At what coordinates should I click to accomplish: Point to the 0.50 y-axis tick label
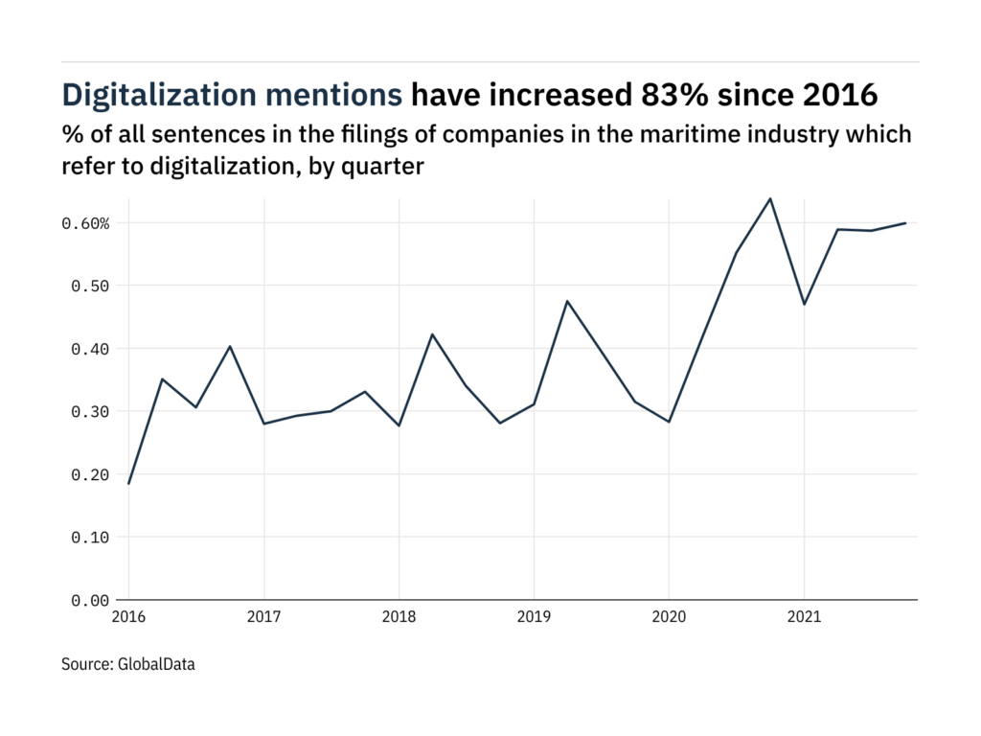click(x=92, y=286)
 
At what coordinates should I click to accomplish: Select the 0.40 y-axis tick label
click(x=92, y=349)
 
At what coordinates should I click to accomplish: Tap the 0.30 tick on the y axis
click(x=92, y=411)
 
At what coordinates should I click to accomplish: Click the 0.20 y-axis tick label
click(x=92, y=474)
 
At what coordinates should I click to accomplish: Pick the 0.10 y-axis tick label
click(x=92, y=537)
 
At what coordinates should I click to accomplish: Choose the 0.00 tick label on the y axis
click(x=92, y=600)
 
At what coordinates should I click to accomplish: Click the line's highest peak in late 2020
click(x=770, y=198)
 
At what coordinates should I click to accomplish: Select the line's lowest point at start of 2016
click(x=128, y=484)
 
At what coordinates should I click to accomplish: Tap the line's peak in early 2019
click(x=567, y=301)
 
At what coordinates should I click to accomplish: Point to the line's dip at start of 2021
click(x=804, y=305)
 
